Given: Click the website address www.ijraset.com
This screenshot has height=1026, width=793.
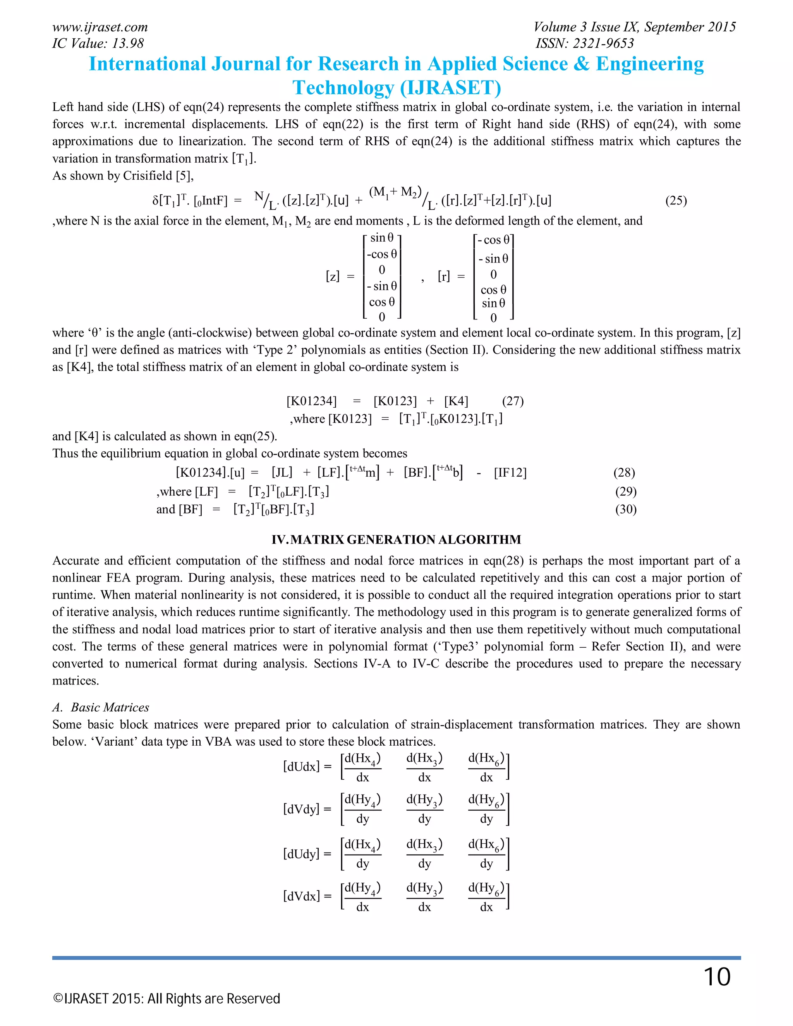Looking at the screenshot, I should click(100, 27).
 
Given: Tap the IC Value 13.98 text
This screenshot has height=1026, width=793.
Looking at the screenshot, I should click(98, 44).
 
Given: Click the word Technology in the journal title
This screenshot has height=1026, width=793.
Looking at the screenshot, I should click(343, 88).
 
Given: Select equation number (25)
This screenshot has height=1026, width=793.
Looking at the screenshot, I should click(676, 201).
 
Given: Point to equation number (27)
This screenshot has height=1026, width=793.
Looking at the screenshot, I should click(513, 401).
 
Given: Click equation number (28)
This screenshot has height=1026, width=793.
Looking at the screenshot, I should click(624, 473).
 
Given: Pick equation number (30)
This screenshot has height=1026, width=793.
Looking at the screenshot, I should click(626, 509).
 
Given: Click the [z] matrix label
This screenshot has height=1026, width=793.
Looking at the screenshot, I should click(332, 277).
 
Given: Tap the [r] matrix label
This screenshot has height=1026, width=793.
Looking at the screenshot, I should click(443, 277).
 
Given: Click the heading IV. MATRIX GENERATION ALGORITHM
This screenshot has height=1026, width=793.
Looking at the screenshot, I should click(396, 540).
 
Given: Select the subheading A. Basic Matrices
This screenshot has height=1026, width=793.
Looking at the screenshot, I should click(101, 707).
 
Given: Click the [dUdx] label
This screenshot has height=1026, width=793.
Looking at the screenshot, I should click(301, 767).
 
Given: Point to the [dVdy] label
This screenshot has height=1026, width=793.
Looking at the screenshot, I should click(301, 809).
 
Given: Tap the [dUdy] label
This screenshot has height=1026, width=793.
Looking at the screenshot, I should click(301, 854).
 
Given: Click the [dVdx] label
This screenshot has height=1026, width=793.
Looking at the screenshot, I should click(301, 896).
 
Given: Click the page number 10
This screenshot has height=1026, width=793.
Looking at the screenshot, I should click(716, 977).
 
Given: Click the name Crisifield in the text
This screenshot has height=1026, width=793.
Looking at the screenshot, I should click(148, 176).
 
